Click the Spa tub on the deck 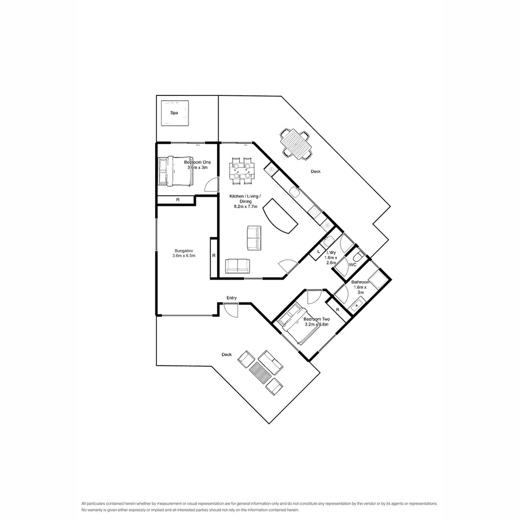pyautogui.click(x=174, y=113)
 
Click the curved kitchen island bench pyautogui.click(x=280, y=216)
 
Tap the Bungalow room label pyautogui.click(x=183, y=253)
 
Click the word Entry pyautogui.click(x=232, y=298)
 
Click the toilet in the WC pyautogui.click(x=358, y=257)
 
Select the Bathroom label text pyautogui.click(x=360, y=282)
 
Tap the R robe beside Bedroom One pyautogui.click(x=178, y=200)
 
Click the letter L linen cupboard pyautogui.click(x=319, y=252)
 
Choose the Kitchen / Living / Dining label pyautogui.click(x=246, y=201)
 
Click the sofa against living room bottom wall pyautogui.click(x=238, y=266)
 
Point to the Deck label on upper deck pyautogui.click(x=315, y=171)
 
